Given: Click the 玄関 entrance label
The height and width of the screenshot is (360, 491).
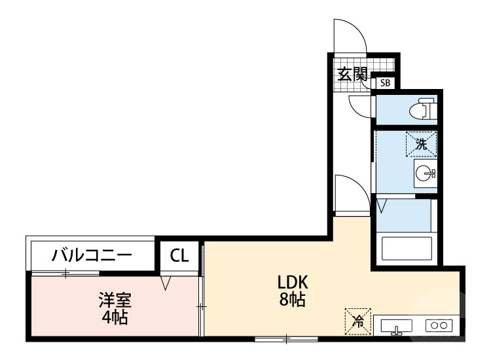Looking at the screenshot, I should coord(352,73).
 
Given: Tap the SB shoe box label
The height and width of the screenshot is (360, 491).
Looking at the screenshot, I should coord(385,83).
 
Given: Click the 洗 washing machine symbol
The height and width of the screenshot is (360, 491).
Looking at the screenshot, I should coord(421,144).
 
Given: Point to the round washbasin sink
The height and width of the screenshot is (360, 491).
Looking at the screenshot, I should coord(424,173).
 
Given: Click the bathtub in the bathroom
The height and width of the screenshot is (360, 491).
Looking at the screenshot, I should coord(406,249).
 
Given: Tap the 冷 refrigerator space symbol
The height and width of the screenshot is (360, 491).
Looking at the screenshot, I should coord(357,321).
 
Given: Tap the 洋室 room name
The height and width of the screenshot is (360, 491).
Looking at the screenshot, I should coord(115,300).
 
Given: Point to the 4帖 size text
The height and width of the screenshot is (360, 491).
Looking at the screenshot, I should coord(115,318).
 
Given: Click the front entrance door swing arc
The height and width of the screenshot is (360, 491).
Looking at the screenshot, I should coord(350,34).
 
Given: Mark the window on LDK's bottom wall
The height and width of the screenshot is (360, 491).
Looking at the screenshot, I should coord(286,338).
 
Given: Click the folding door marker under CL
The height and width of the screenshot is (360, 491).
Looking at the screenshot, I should coord(166,283).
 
